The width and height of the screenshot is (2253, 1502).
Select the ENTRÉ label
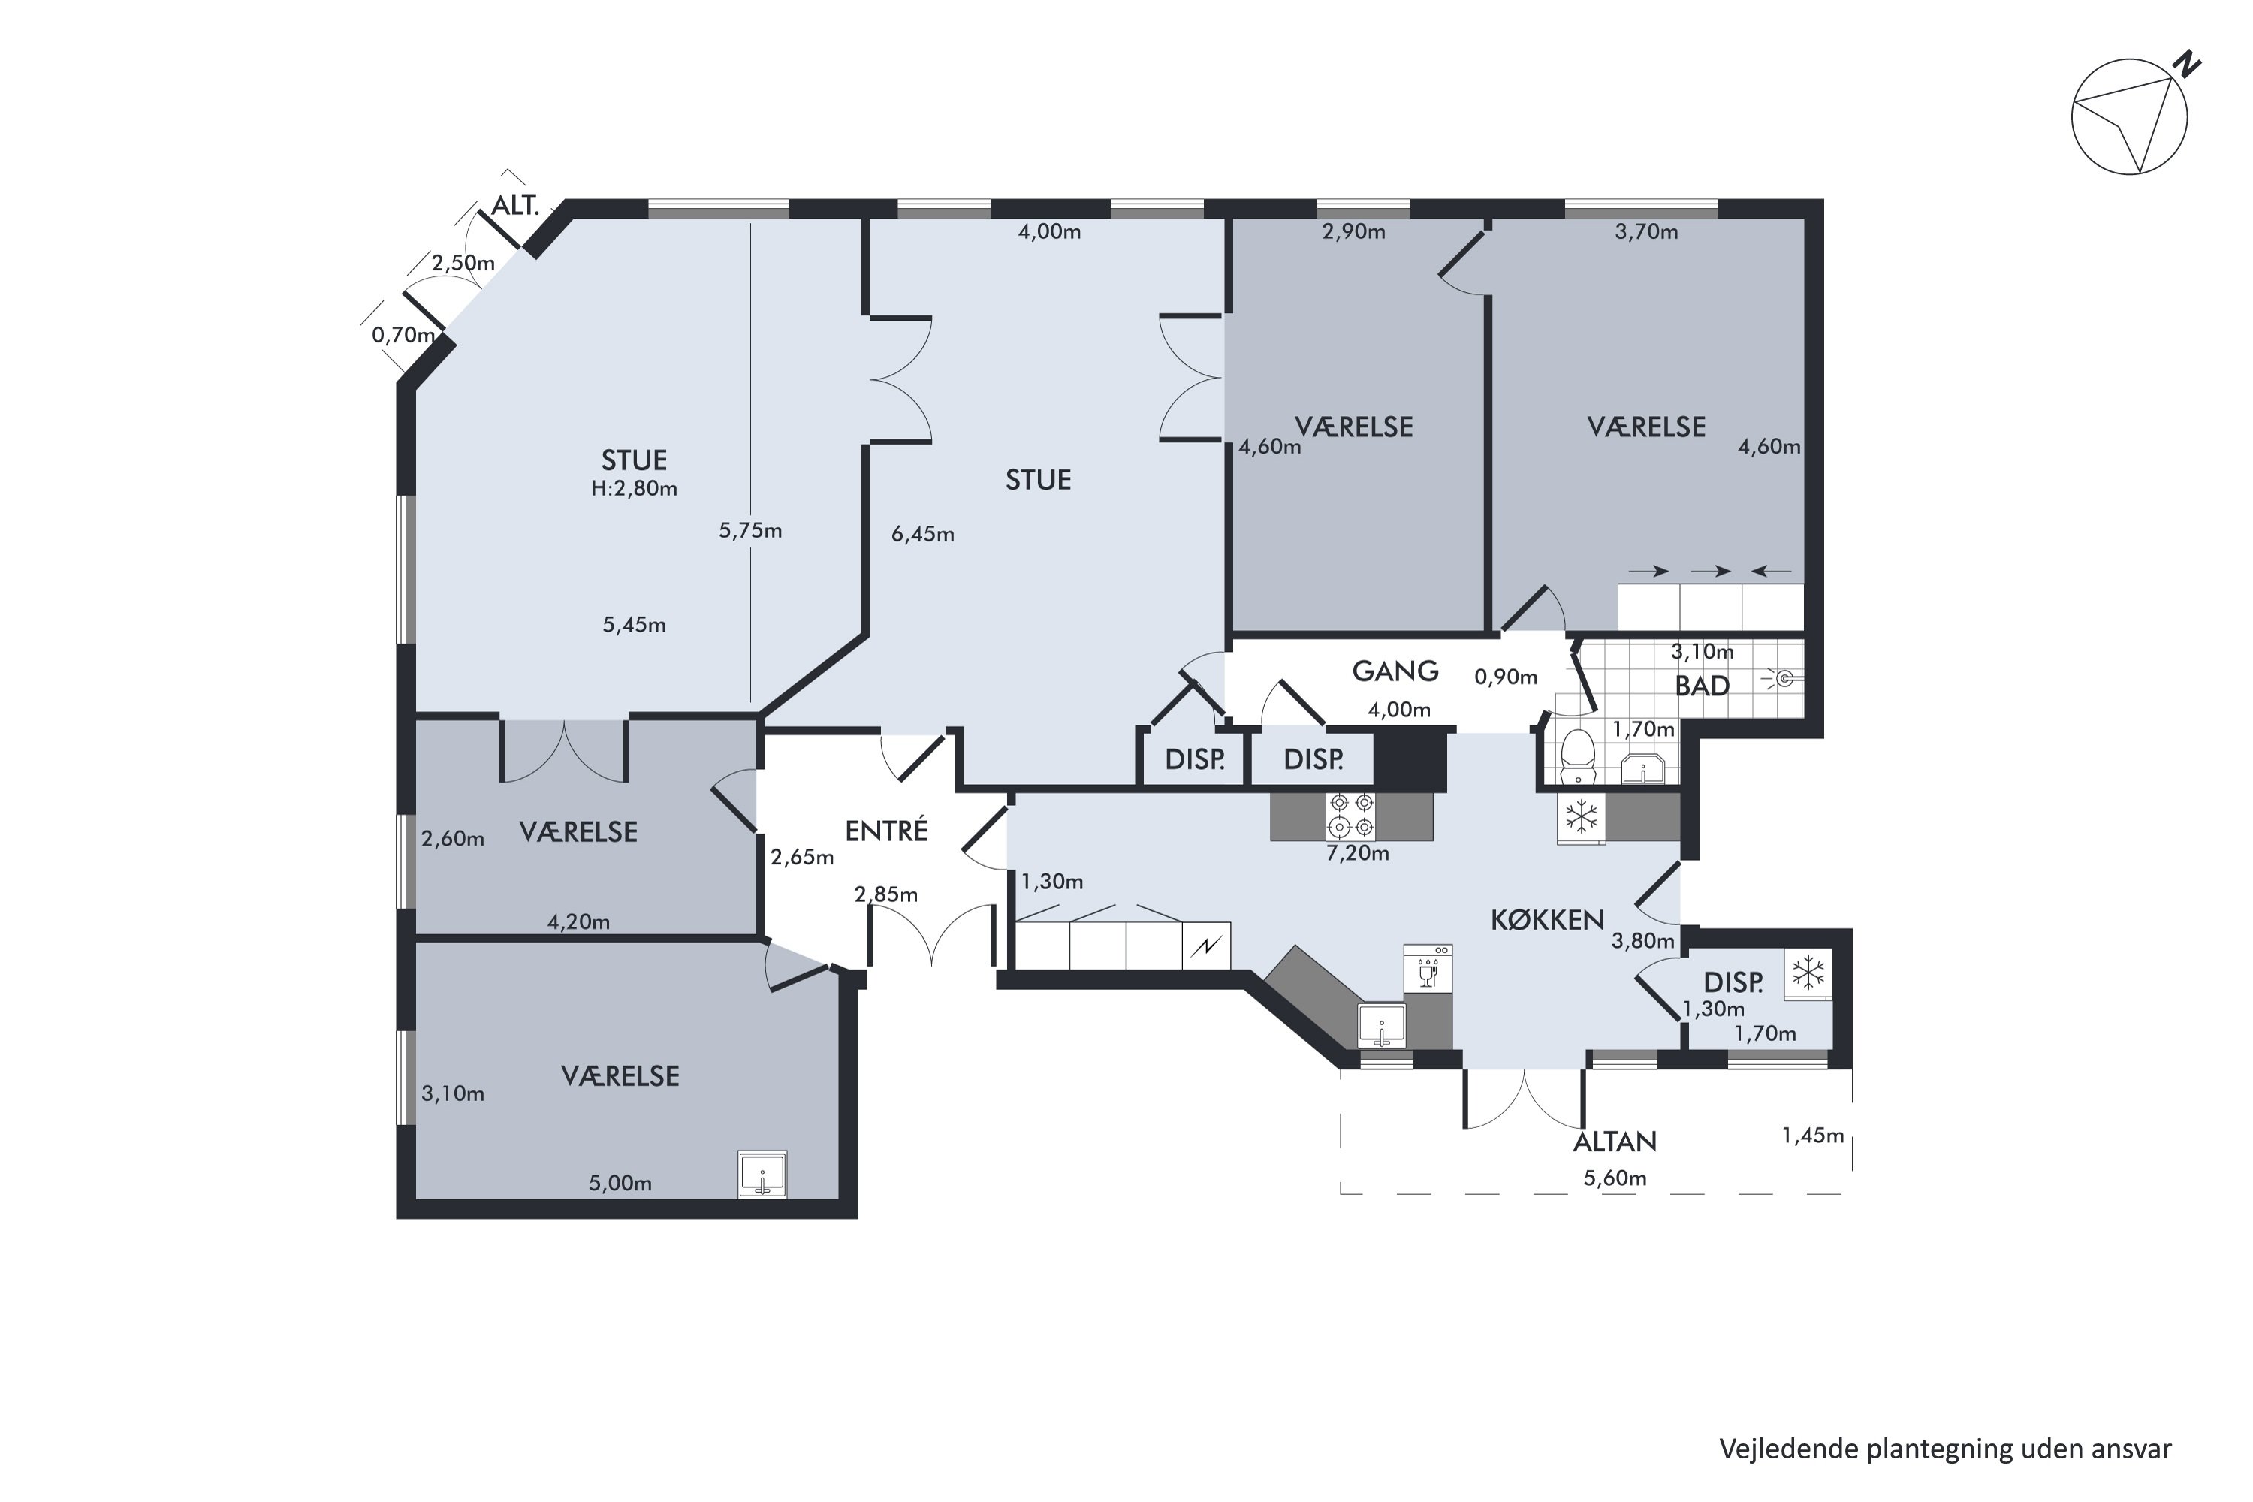(x=886, y=831)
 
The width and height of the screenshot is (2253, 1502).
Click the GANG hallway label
(x=1395, y=671)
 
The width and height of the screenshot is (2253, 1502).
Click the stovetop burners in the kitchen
(x=1352, y=814)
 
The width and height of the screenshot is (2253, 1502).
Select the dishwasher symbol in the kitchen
(x=1428, y=969)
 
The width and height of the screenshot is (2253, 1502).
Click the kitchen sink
(x=1381, y=1026)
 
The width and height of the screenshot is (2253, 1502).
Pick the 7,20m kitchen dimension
(x=1357, y=853)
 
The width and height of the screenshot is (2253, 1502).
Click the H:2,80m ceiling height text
(x=634, y=489)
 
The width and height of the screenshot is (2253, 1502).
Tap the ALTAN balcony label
(x=1615, y=1142)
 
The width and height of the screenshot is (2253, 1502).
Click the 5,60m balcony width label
(x=1615, y=1178)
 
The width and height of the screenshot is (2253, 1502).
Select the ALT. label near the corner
(x=515, y=205)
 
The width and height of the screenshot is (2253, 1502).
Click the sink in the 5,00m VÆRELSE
(x=762, y=1175)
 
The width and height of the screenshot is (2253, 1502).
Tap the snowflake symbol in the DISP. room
(x=1808, y=974)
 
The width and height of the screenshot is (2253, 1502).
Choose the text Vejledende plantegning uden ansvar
(x=1946, y=1449)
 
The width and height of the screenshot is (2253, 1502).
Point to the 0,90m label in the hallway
(x=1506, y=677)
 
